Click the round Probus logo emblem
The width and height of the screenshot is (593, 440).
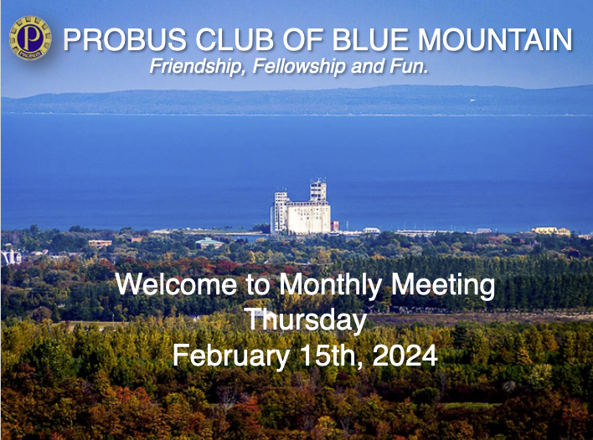(30, 38)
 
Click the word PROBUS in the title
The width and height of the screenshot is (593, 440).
(125, 39)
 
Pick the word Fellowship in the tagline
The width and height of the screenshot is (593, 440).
(299, 66)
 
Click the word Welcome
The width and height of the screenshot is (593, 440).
(177, 284)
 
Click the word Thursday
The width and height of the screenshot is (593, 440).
(306, 320)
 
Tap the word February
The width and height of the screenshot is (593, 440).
(231, 356)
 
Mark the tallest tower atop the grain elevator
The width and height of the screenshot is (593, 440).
(318, 191)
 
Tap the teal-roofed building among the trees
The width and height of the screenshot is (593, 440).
(209, 243)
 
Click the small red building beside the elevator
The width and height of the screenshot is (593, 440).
(335, 226)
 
